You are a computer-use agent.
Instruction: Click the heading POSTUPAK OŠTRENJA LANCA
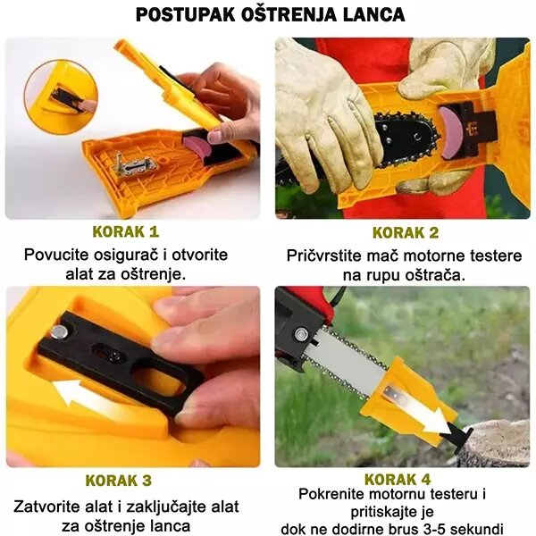pyautogui.click(x=268, y=15)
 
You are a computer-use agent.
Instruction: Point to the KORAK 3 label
pyautogui.click(x=132, y=480)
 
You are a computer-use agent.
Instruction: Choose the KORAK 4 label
pyautogui.click(x=403, y=478)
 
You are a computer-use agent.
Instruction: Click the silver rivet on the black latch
pyautogui.click(x=59, y=332)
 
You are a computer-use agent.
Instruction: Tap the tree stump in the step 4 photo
pyautogui.click(x=494, y=443)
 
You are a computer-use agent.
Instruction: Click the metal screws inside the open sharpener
pyautogui.click(x=126, y=164)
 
